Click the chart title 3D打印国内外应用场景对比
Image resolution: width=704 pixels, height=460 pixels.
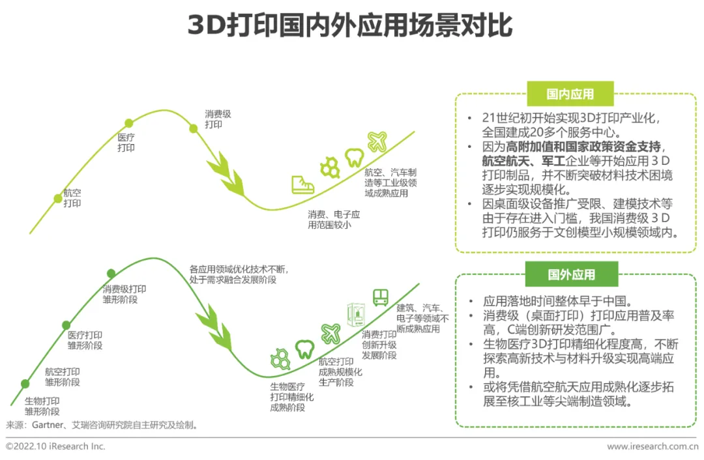coord(351,26)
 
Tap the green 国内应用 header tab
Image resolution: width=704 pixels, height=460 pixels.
coord(570,94)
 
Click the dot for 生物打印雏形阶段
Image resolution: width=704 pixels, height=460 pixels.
coord(25,384)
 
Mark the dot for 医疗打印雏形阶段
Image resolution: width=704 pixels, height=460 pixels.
coord(66,324)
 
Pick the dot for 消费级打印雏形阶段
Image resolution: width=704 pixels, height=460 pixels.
coord(111,273)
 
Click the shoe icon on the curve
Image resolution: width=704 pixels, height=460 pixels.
coord(302,184)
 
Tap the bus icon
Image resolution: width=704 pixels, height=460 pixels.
coord(381,298)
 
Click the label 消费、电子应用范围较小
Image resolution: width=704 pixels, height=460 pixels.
coord(334,220)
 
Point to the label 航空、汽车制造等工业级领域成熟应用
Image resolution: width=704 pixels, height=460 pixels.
coord(390,182)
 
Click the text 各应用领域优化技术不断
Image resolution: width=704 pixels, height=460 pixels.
coord(238,268)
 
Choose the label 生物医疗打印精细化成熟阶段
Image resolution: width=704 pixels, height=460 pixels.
coord(292,397)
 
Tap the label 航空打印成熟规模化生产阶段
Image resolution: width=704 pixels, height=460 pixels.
coord(340,372)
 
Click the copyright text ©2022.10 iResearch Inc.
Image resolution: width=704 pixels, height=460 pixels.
coord(55,446)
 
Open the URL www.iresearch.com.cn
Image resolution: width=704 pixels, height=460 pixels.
coord(653,446)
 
